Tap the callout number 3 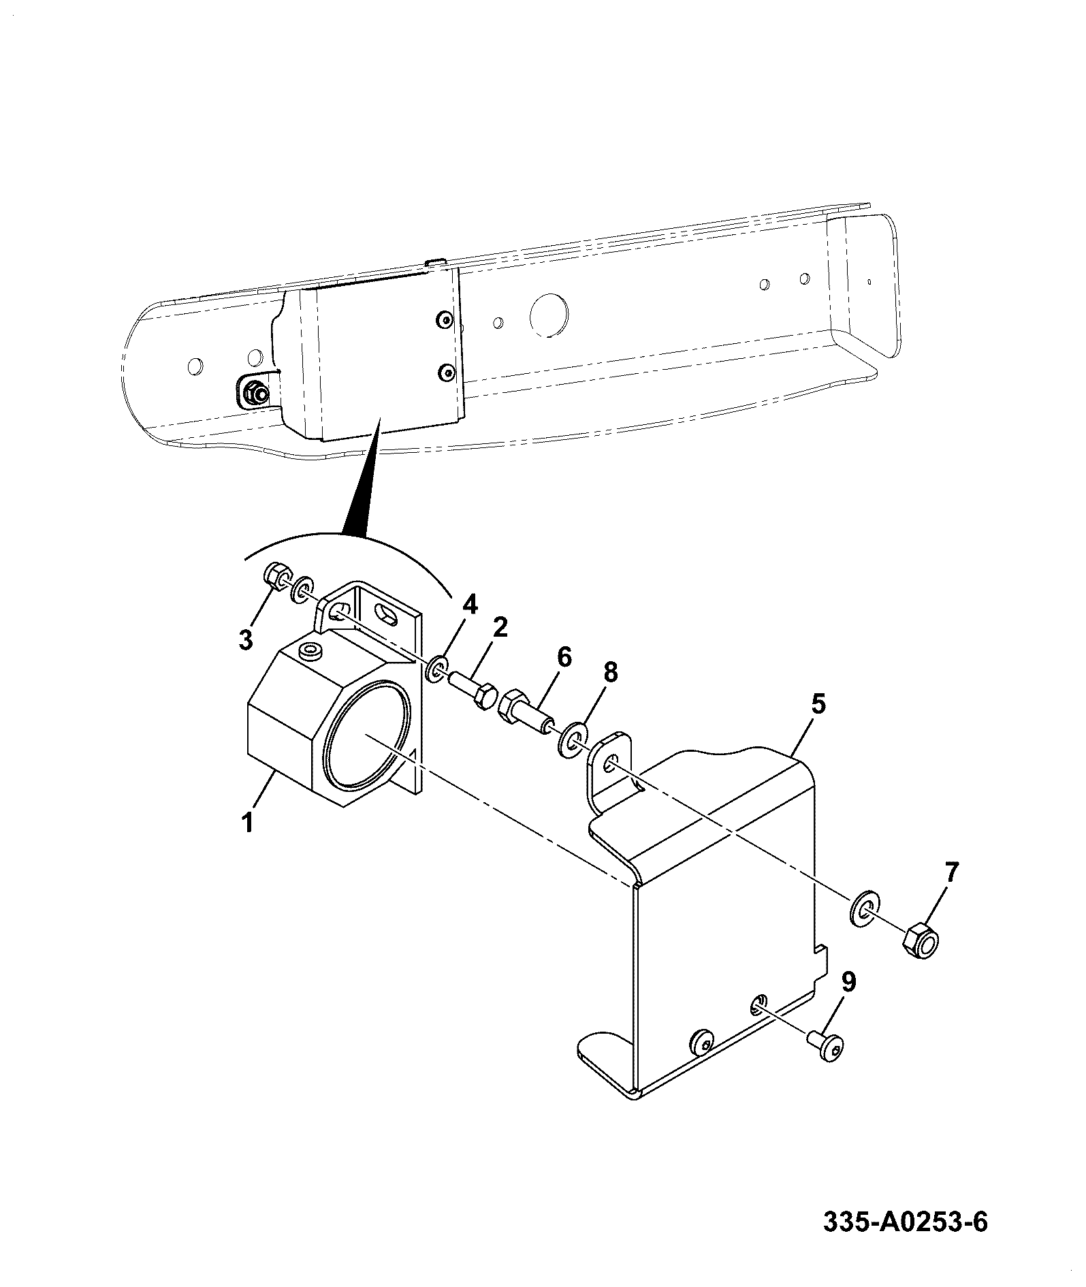click(x=245, y=639)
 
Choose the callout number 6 click(x=564, y=657)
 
